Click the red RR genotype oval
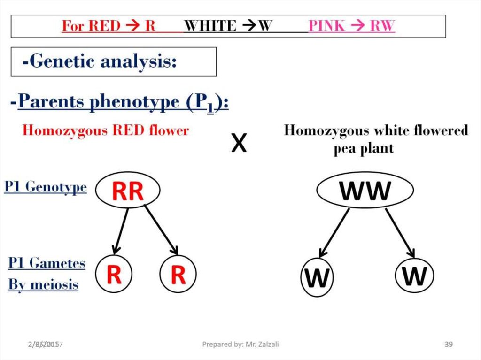[x=128, y=191]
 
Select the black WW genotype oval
[x=365, y=190]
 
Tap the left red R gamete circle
[x=114, y=275]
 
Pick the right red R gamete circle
[x=178, y=275]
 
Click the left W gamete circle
[x=317, y=278]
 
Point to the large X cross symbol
[x=239, y=144]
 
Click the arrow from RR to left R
[x=121, y=230]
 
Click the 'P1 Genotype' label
[x=46, y=187]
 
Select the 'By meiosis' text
[x=43, y=284]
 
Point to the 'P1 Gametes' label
[x=47, y=263]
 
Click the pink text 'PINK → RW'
[x=351, y=26]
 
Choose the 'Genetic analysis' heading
[x=99, y=61]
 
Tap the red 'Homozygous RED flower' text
[x=105, y=130]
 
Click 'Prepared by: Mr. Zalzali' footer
[x=240, y=345]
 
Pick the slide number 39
[x=449, y=345]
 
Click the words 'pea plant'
[x=364, y=148]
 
